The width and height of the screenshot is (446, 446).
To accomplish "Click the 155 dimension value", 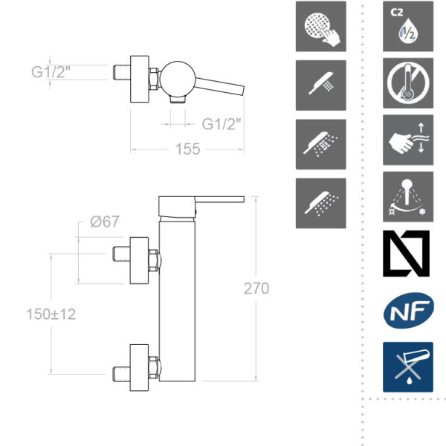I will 188,149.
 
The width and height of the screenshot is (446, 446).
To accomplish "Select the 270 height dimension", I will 256,288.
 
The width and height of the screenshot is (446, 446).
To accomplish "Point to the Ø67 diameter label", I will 105,221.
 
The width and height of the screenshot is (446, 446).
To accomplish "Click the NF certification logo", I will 407,311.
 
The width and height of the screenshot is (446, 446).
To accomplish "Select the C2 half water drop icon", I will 407,26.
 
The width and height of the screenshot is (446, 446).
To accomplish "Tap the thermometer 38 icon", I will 407,83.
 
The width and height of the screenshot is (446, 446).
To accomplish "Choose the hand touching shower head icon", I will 320,26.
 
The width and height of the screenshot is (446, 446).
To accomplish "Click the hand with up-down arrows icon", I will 407,140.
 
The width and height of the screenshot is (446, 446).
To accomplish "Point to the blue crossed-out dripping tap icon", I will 407,367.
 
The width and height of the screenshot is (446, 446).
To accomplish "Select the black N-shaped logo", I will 407,254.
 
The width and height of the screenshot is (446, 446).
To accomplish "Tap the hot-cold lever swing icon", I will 407,197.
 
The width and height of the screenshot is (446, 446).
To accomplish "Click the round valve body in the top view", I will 178,77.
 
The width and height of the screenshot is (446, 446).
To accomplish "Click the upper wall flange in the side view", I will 141,259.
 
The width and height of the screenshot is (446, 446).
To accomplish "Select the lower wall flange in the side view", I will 141,367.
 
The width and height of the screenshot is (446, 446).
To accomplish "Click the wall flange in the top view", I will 141,76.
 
